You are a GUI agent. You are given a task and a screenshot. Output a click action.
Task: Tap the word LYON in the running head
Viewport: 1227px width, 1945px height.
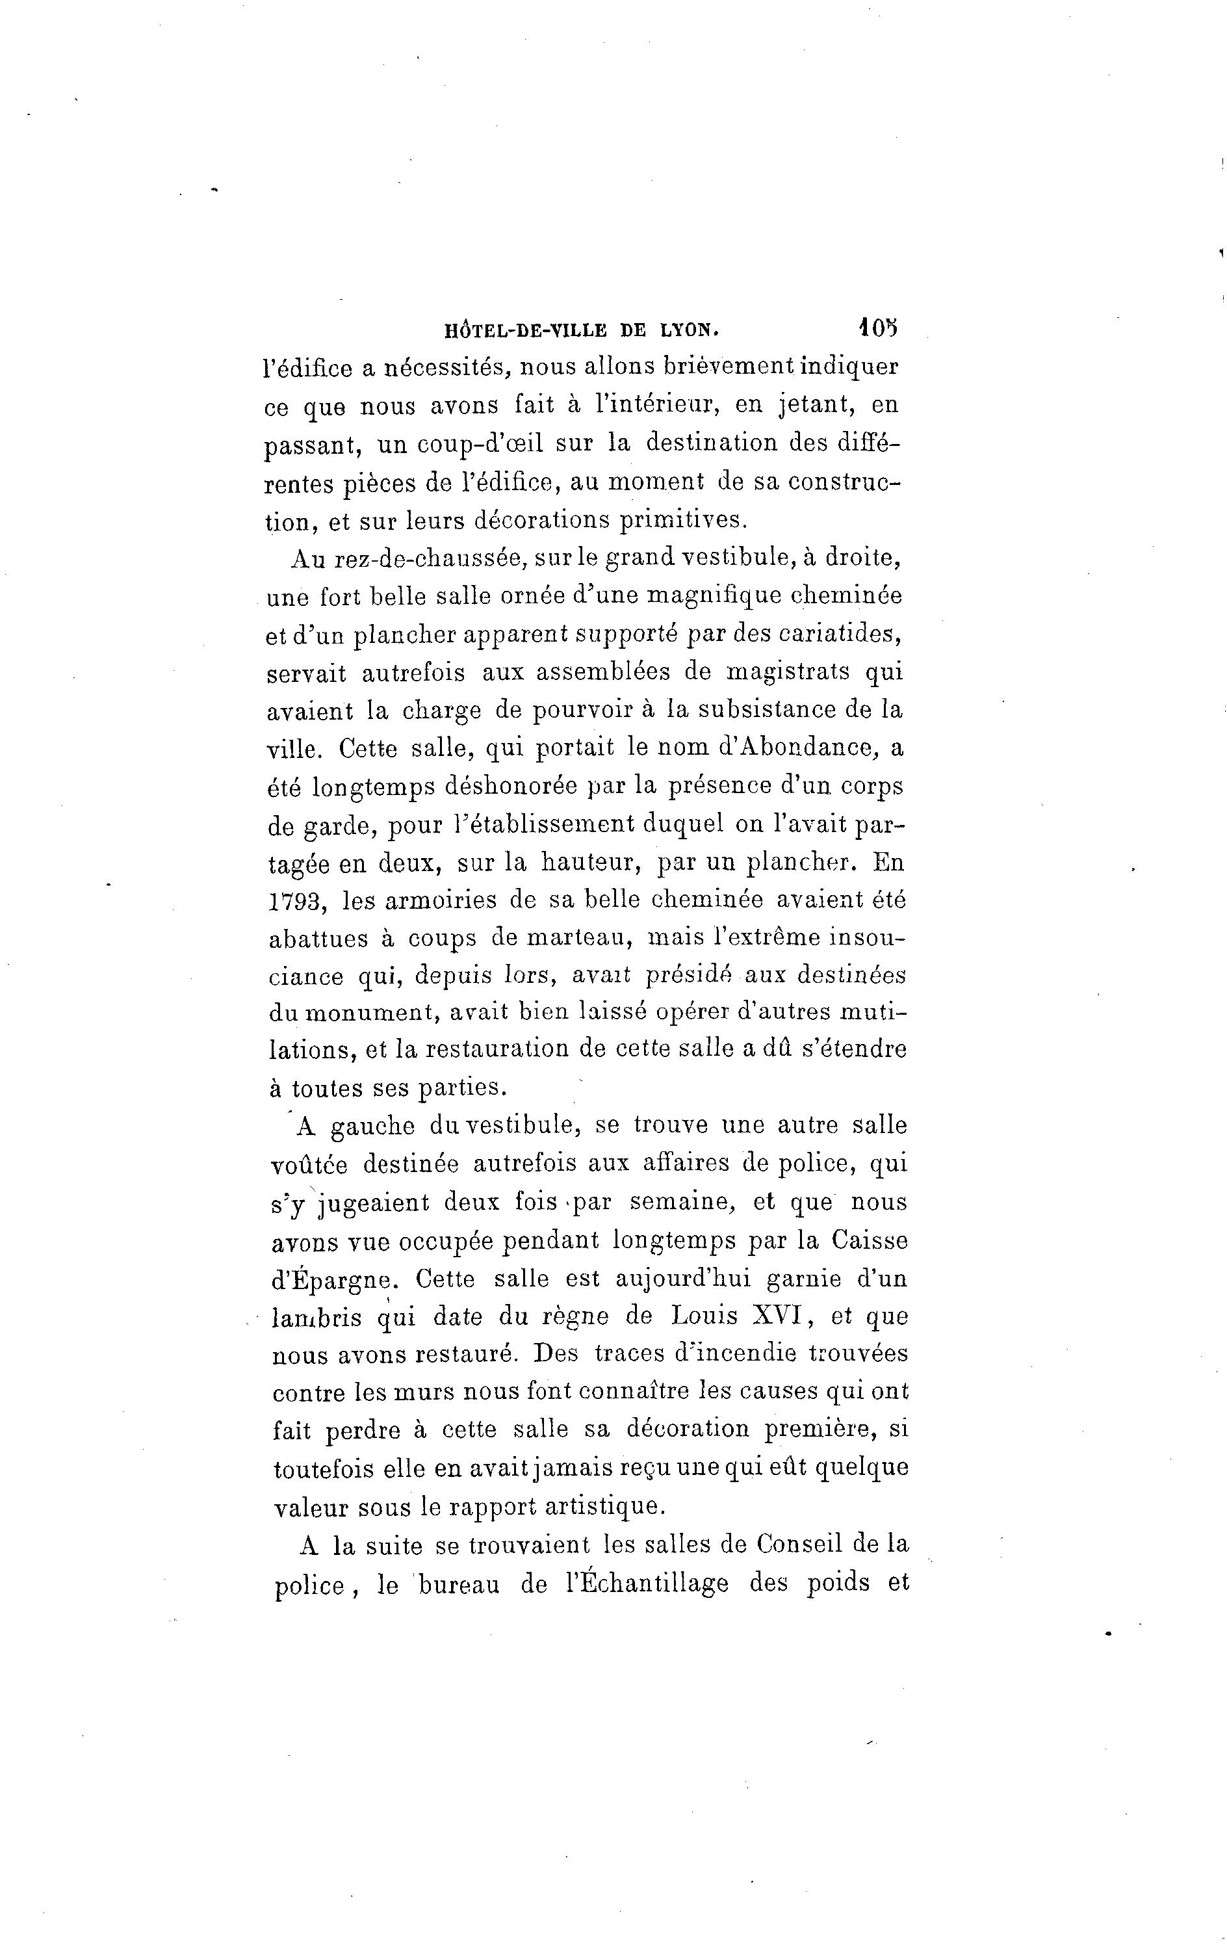tap(688, 330)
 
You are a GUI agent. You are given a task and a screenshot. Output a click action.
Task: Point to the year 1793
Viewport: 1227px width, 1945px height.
tap(296, 900)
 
